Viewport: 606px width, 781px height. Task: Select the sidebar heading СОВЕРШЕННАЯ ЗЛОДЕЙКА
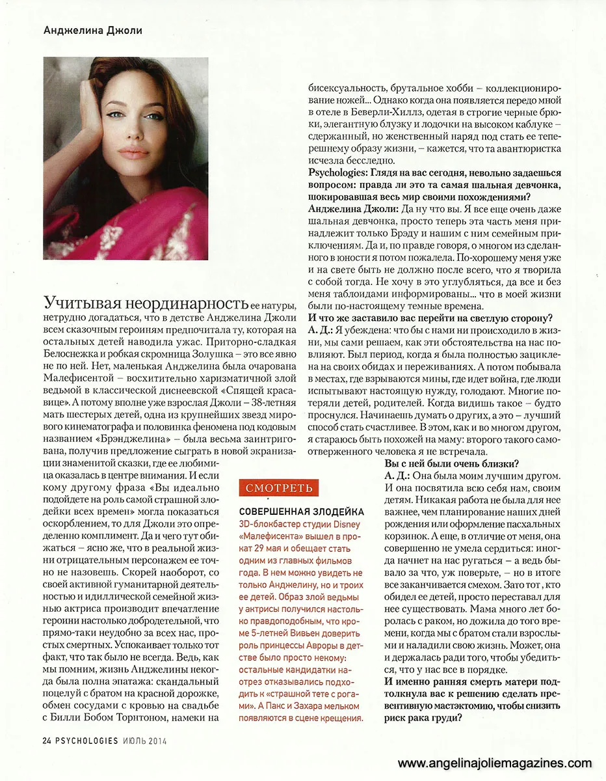click(x=302, y=512)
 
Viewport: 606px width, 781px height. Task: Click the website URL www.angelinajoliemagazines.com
click(x=495, y=763)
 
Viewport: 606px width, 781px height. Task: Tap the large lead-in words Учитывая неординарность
click(x=146, y=303)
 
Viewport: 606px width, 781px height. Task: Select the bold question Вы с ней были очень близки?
click(x=451, y=463)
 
